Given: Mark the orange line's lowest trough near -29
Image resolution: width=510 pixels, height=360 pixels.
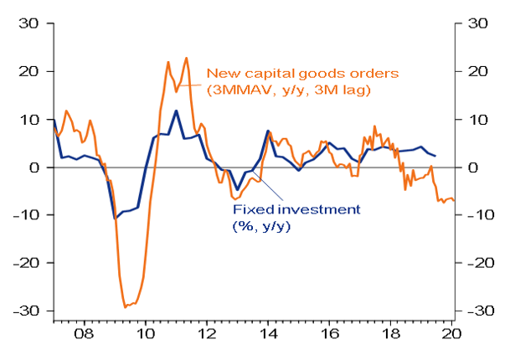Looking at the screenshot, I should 126,307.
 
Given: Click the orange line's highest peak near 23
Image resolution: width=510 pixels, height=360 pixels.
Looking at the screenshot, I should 186,58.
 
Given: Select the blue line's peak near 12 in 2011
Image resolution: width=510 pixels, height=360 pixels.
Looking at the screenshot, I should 176,111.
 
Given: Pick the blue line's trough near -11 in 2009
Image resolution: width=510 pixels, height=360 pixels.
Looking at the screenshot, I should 116,219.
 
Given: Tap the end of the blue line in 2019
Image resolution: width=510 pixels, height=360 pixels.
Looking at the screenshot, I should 435,157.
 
